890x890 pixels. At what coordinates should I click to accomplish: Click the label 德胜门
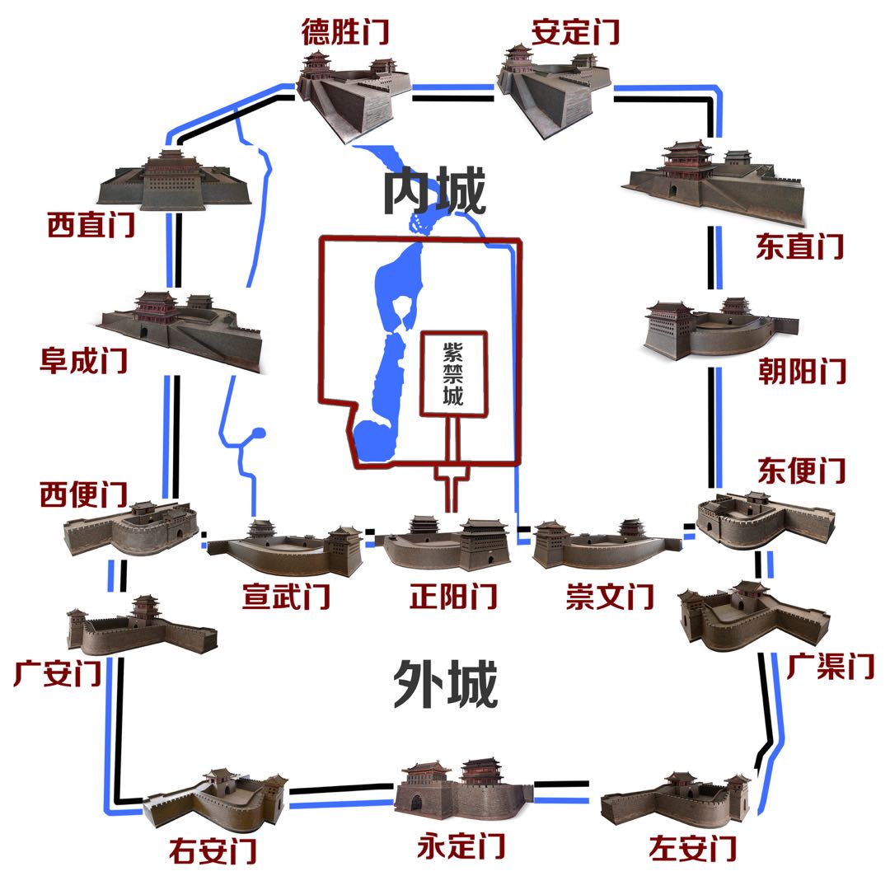(x=345, y=33)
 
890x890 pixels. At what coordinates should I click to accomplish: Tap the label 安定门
(x=576, y=33)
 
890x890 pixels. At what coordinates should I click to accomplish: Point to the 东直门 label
(x=799, y=246)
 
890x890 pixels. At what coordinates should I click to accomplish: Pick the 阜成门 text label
(x=84, y=360)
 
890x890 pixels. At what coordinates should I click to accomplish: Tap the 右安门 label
(x=213, y=849)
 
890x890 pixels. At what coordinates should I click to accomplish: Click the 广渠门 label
(x=829, y=666)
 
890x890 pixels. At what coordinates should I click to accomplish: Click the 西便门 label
(x=83, y=494)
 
